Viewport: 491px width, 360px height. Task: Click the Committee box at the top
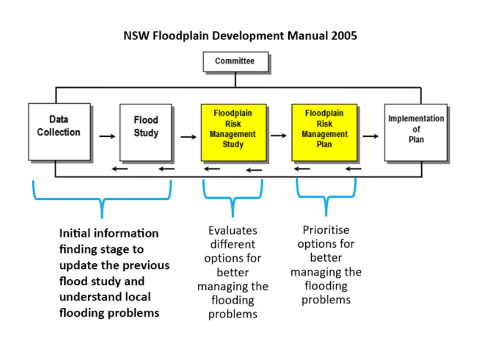coord(236,62)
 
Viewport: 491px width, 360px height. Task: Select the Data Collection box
coord(59,132)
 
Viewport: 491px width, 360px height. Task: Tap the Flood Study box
coord(145,133)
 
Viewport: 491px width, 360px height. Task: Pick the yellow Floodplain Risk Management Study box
coord(234,133)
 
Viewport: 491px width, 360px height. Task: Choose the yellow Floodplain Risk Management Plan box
coord(324,133)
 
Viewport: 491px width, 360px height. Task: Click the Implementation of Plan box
coord(416,133)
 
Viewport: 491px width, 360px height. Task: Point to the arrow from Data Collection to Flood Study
coord(108,136)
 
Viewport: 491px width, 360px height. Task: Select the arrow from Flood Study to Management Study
coord(188,137)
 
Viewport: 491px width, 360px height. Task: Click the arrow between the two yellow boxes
coord(279,136)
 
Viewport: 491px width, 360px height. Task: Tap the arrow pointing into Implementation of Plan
coord(371,136)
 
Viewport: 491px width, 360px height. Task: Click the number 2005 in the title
coord(344,36)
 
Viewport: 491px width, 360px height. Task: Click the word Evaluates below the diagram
coord(233,231)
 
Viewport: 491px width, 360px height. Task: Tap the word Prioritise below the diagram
coord(326,230)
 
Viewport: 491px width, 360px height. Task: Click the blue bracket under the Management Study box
coord(233,198)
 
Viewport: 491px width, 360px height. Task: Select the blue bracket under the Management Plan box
coord(326,197)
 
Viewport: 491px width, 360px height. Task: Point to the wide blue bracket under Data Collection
coord(102,199)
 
